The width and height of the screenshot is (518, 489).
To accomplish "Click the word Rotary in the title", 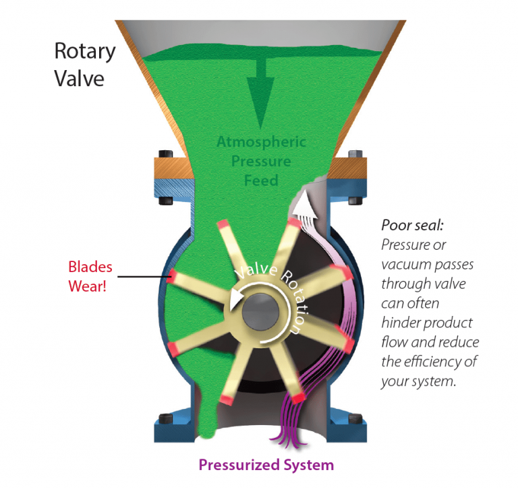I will (x=84, y=52).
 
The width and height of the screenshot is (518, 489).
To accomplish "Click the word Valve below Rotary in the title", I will (x=80, y=79).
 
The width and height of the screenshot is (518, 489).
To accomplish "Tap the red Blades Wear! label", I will (x=90, y=275).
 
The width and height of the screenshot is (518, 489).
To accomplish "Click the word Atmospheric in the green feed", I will (x=262, y=142).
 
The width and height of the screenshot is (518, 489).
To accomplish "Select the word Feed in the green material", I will (x=261, y=181).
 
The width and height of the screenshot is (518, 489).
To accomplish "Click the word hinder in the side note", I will (x=402, y=322).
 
